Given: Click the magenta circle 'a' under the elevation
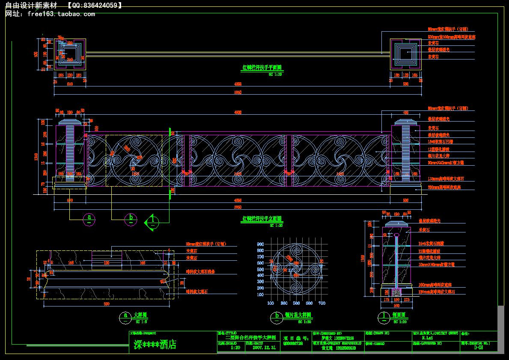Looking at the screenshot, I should pos(89,219).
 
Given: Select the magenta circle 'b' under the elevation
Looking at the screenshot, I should pos(131,219).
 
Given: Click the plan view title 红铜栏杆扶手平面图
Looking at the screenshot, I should pos(262,68).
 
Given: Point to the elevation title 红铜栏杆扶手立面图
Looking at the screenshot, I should pos(262,219).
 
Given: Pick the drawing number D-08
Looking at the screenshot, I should pos(479,348).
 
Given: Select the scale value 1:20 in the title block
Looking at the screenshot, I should pos(235,348).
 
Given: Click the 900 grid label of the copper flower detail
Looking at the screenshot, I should pos(260,244).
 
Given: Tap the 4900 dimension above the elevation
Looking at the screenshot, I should pos(238,113).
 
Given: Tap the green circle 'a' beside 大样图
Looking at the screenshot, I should pos(125,316).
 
